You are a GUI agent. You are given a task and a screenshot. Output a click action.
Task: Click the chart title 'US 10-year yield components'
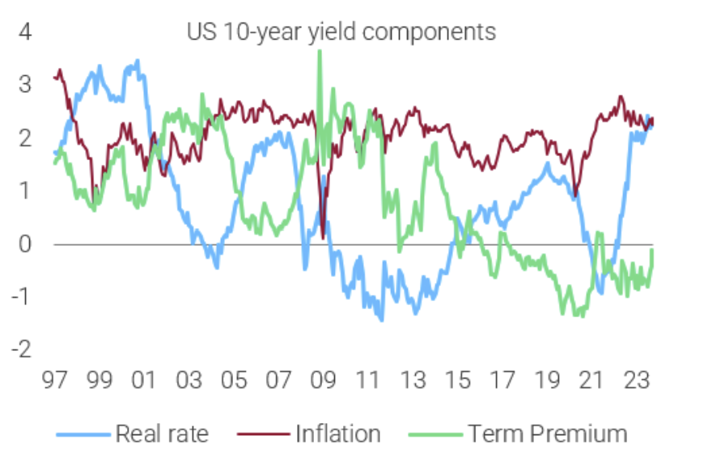[341, 32]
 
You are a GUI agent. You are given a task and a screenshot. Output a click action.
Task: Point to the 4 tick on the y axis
[26, 33]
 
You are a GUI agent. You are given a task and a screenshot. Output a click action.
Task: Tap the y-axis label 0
[26, 244]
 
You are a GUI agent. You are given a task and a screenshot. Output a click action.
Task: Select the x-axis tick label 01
[145, 380]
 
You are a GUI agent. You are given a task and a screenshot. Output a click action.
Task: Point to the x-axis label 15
[458, 380]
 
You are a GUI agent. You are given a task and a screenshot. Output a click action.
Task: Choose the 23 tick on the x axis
[636, 380]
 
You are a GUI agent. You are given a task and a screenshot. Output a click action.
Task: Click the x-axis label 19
[547, 380]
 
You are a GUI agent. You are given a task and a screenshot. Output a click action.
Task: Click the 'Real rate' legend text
[162, 434]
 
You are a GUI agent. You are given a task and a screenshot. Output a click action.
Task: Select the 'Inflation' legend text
[337, 434]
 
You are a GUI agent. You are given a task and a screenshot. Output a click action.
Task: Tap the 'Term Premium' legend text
[547, 434]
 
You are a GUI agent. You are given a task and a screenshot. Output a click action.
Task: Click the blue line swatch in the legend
[83, 434]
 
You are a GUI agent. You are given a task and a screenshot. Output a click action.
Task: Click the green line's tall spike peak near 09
[320, 51]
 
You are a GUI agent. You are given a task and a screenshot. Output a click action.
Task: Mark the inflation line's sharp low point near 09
[324, 238]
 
